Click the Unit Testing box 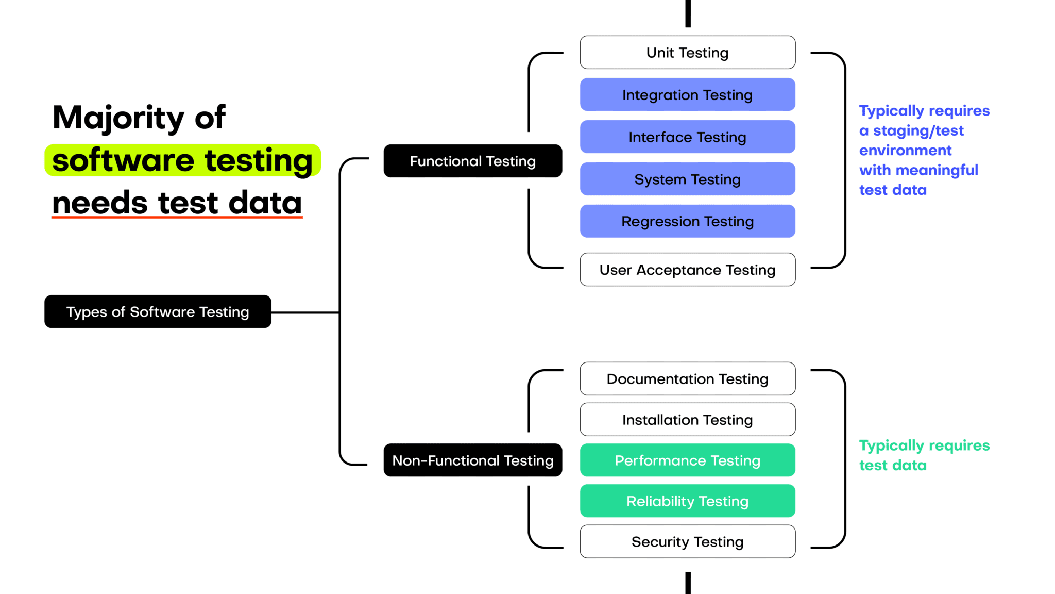[687, 53]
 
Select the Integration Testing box [687, 95]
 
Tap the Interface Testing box [687, 137]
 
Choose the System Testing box [687, 179]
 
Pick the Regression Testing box [687, 222]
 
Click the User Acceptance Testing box [687, 270]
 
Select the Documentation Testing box [687, 379]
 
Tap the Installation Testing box [687, 420]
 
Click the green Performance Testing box [687, 460]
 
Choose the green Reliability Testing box [687, 501]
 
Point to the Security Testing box [687, 542]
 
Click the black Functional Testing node [472, 161]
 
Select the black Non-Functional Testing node [472, 460]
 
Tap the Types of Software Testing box [158, 312]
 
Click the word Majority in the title [118, 119]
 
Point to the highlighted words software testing [182, 160]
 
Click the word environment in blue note [905, 151]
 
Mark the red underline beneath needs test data [177, 218]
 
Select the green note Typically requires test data [924, 455]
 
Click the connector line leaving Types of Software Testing [305, 312]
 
